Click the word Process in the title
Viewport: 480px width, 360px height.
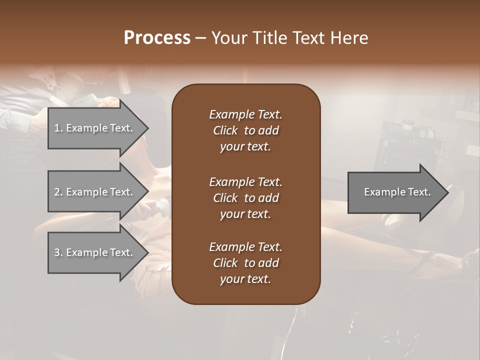tap(157, 38)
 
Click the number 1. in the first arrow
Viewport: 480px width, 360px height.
tap(58, 128)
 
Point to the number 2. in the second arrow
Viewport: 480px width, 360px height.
tap(58, 192)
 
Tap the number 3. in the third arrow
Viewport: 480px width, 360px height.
tap(58, 252)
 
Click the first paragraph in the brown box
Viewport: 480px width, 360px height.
tap(245, 130)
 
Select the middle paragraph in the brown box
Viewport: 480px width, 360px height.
tap(245, 198)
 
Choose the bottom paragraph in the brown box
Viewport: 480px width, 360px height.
tap(245, 263)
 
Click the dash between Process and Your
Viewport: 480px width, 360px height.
tap(200, 38)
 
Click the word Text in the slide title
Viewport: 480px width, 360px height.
tap(306, 38)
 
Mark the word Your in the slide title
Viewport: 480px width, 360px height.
tap(228, 38)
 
